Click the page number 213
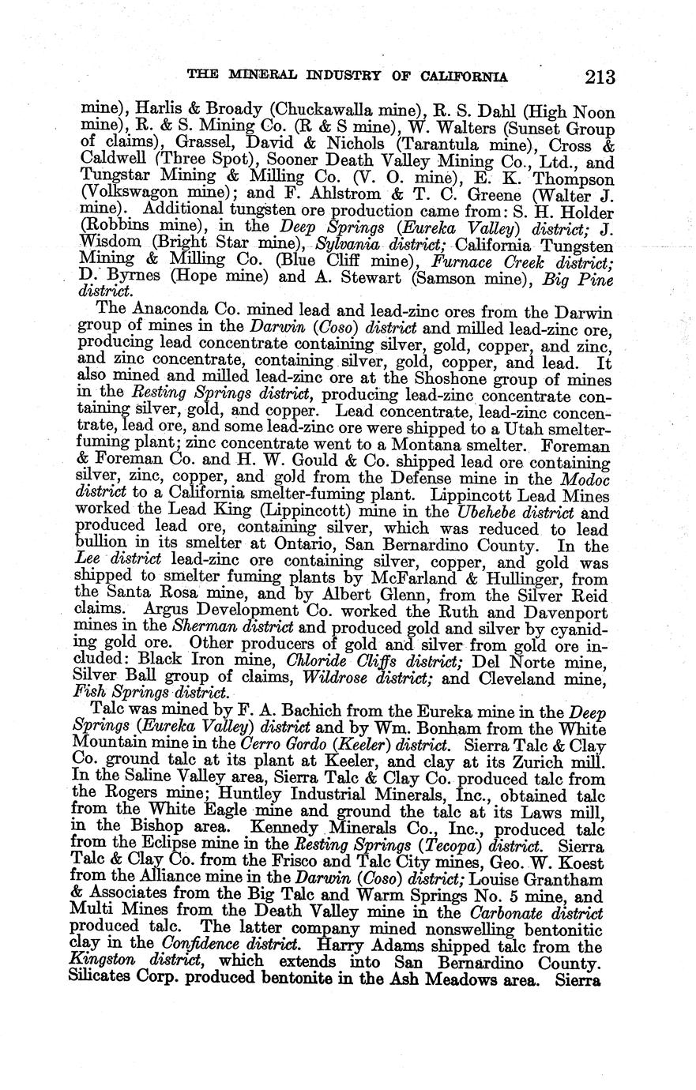coord(600,77)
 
